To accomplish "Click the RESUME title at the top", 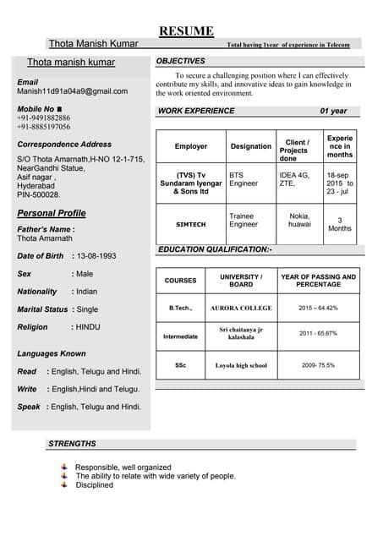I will [187, 31].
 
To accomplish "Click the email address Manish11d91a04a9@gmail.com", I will [73, 91].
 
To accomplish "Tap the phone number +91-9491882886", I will [44, 117].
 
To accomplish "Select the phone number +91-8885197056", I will [44, 127].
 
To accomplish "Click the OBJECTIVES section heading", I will [180, 62].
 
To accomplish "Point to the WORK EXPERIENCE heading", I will [196, 111].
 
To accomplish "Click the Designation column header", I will [251, 146].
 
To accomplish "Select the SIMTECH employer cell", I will [190, 226].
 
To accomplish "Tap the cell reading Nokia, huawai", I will [299, 221].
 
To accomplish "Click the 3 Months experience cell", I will [340, 224].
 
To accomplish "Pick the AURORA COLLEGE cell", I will [241, 308].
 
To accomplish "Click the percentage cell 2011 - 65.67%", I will [318, 334].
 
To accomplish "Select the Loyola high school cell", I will [241, 365].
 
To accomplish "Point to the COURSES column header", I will [180, 280].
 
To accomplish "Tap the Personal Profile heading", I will [52, 213].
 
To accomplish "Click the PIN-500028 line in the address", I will [39, 194].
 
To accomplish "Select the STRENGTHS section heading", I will [72, 444].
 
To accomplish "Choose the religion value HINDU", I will [87, 326].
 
